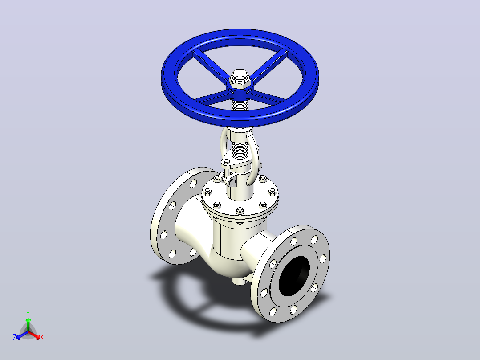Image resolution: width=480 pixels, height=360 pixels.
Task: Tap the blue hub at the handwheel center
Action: (x=240, y=90)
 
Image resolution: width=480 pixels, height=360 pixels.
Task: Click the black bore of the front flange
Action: (x=294, y=276)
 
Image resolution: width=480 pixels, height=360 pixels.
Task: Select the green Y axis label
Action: (x=28, y=313)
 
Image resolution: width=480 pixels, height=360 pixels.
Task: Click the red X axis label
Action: (x=42, y=337)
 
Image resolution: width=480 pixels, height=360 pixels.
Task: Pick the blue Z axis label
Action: (x=15, y=337)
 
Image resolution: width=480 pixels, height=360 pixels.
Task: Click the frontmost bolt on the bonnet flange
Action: (x=240, y=211)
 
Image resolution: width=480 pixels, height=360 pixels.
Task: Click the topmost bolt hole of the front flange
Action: (x=314, y=240)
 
